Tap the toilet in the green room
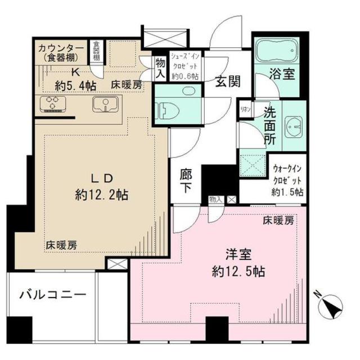click(x=167, y=110)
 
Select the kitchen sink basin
click(x=105, y=104)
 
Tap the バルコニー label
click(x=52, y=295)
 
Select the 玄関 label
click(x=228, y=81)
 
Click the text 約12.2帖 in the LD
click(x=101, y=195)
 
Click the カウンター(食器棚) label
click(x=62, y=52)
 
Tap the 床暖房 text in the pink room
click(x=278, y=221)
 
